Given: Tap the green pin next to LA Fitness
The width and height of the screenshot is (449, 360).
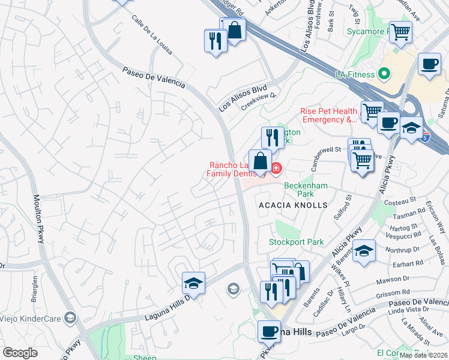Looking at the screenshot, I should [384, 74].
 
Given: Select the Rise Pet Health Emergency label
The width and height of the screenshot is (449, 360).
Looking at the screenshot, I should [328, 115].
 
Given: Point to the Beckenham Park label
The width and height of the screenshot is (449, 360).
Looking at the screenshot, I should [306, 190].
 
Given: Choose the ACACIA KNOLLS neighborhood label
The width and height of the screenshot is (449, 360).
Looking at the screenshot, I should [293, 205].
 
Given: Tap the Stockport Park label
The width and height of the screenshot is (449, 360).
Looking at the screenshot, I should [296, 242].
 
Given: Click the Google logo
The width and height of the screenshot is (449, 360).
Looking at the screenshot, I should [20, 353].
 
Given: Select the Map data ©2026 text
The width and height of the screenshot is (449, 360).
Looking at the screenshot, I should [423, 355].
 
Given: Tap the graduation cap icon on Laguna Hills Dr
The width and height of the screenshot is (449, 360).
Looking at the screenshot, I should [193, 283].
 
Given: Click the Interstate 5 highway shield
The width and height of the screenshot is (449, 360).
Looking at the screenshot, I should [426, 136].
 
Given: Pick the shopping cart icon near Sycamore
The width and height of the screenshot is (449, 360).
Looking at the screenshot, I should [400, 31].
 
